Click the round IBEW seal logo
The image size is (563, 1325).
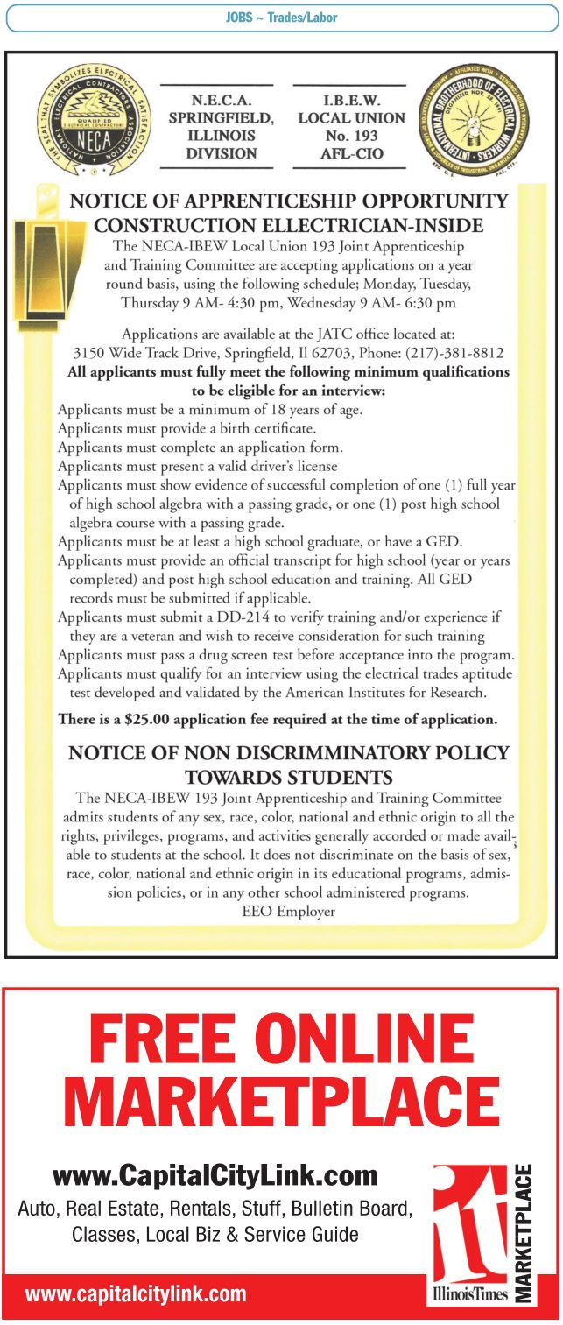(x=474, y=117)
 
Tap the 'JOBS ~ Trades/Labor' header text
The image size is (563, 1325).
(x=281, y=18)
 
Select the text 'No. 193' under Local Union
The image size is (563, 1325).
(x=350, y=136)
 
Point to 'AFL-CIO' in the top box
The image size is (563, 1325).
(x=350, y=153)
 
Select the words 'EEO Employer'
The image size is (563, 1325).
(x=288, y=911)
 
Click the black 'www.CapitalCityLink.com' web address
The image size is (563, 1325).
(x=215, y=1175)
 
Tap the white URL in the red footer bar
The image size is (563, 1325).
(x=136, y=1294)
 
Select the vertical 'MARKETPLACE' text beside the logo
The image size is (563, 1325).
(x=523, y=1232)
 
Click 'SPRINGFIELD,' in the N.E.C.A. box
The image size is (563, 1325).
(x=221, y=118)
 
